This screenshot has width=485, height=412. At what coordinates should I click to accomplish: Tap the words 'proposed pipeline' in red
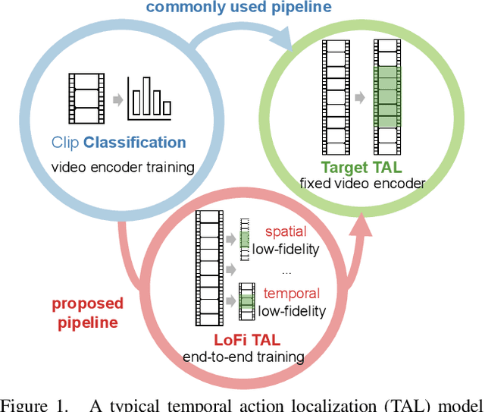tap(87, 312)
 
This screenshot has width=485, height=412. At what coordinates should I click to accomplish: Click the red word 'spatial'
tap(286, 232)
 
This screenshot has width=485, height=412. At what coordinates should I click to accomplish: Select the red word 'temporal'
tap(291, 294)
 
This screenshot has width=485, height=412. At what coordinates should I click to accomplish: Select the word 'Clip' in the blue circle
tap(65, 143)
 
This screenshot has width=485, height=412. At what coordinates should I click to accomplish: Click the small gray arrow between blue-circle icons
tap(115, 99)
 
